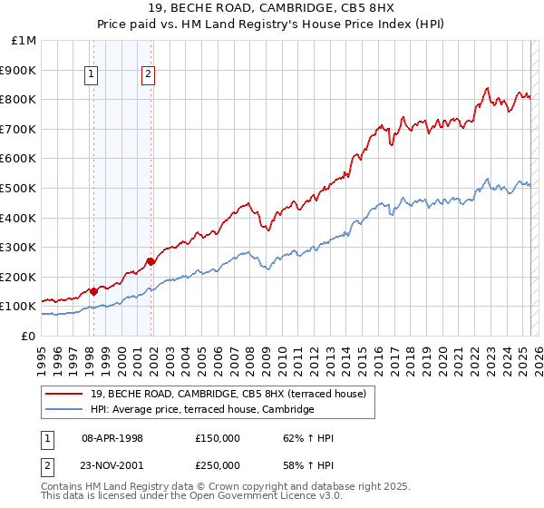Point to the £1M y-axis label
pyautogui.click(x=24, y=40)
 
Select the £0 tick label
pyautogui.click(x=28, y=336)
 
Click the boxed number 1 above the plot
pyautogui.click(x=92, y=75)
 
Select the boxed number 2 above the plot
pyautogui.click(x=148, y=75)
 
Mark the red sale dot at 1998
pyautogui.click(x=94, y=292)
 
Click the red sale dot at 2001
pyautogui.click(x=151, y=261)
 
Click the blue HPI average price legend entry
pyautogui.click(x=201, y=410)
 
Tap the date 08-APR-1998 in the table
pyautogui.click(x=112, y=438)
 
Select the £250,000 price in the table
pyautogui.click(x=218, y=465)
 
